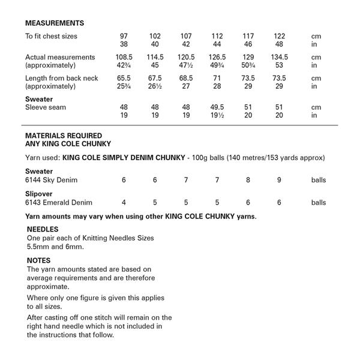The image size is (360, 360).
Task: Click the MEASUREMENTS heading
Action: (55, 23)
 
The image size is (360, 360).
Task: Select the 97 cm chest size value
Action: (124, 36)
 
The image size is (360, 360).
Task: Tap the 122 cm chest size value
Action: (279, 36)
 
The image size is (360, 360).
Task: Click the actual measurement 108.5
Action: (124, 57)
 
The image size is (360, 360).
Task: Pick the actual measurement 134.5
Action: (279, 57)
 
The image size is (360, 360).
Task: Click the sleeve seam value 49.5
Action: (217, 107)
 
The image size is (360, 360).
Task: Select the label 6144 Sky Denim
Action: (52, 180)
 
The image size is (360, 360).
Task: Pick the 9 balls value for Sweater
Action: (279, 180)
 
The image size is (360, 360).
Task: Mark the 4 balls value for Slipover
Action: (124, 202)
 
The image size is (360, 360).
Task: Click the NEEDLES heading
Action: (43, 229)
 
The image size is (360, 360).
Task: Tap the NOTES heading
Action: (39, 261)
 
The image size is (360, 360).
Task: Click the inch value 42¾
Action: (124, 65)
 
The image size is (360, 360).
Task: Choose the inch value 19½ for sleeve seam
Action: (217, 115)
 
